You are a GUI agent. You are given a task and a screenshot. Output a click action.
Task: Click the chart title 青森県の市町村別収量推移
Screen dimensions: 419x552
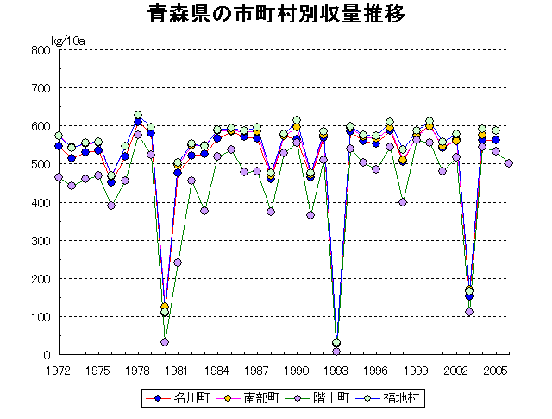(276, 16)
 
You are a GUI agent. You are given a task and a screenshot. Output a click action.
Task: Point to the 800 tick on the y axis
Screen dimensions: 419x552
(40, 50)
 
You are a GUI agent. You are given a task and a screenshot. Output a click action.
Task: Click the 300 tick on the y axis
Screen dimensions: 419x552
(40, 240)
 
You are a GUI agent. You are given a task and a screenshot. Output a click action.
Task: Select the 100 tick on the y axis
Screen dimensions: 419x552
(40, 316)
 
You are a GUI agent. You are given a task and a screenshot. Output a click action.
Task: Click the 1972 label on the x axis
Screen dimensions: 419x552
(59, 370)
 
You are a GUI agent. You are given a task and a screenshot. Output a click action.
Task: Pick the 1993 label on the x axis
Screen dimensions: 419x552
(337, 370)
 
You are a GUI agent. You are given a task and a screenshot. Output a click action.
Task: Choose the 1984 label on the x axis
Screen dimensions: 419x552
(217, 370)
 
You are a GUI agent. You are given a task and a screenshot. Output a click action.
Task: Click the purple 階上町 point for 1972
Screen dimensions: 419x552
(59, 177)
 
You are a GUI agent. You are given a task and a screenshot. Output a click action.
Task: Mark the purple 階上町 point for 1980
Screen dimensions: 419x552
(165, 342)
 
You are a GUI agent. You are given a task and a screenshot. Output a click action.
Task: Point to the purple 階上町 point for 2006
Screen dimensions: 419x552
(509, 163)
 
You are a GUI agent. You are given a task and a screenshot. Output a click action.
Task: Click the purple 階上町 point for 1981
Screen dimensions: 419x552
(178, 263)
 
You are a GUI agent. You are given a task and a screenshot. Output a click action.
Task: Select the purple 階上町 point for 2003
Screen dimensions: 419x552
(469, 311)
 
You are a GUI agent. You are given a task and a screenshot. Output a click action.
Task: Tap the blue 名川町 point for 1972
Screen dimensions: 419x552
(59, 146)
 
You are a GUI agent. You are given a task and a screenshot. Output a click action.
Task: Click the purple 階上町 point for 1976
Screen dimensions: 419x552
(111, 206)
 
